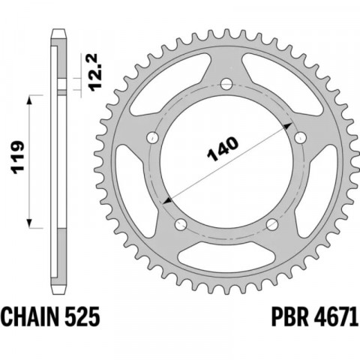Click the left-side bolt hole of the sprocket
(152, 137)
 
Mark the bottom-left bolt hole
(181, 224)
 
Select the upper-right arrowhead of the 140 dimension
(289, 123)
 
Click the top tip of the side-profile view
(57, 31)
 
